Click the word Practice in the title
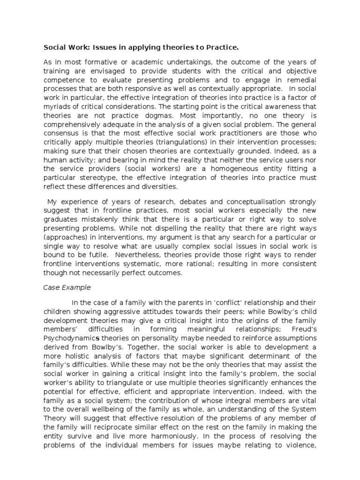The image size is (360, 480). pyautogui.click(x=222, y=47)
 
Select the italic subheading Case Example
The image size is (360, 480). pyautogui.click(x=64, y=287)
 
